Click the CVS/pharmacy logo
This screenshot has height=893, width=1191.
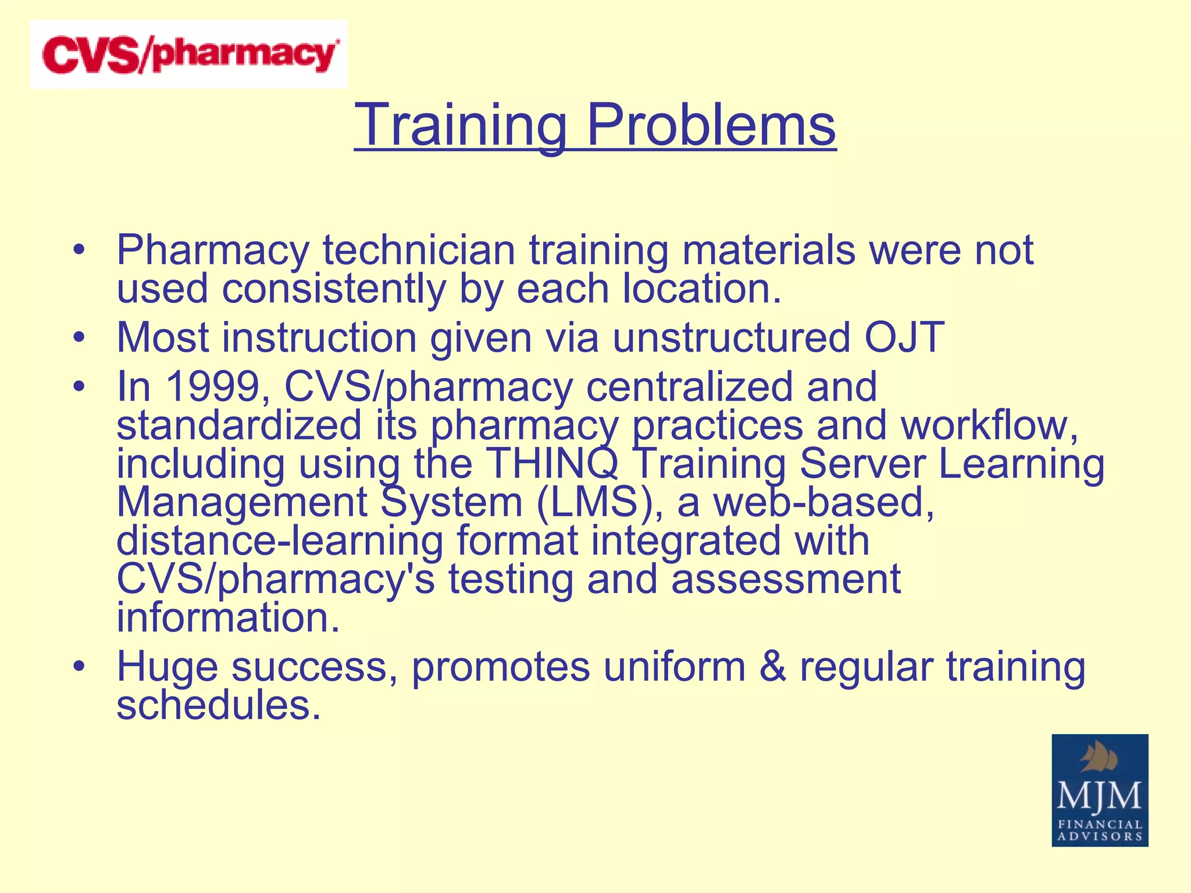click(x=188, y=55)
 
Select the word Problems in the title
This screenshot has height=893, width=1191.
click(x=711, y=125)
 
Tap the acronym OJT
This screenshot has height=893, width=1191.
click(x=903, y=337)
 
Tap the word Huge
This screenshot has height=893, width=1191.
click(x=167, y=666)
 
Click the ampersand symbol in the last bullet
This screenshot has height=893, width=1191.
click(x=772, y=666)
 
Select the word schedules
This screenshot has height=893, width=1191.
click(x=219, y=705)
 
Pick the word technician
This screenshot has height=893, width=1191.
click(x=419, y=250)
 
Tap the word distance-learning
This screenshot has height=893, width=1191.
click(x=280, y=541)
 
